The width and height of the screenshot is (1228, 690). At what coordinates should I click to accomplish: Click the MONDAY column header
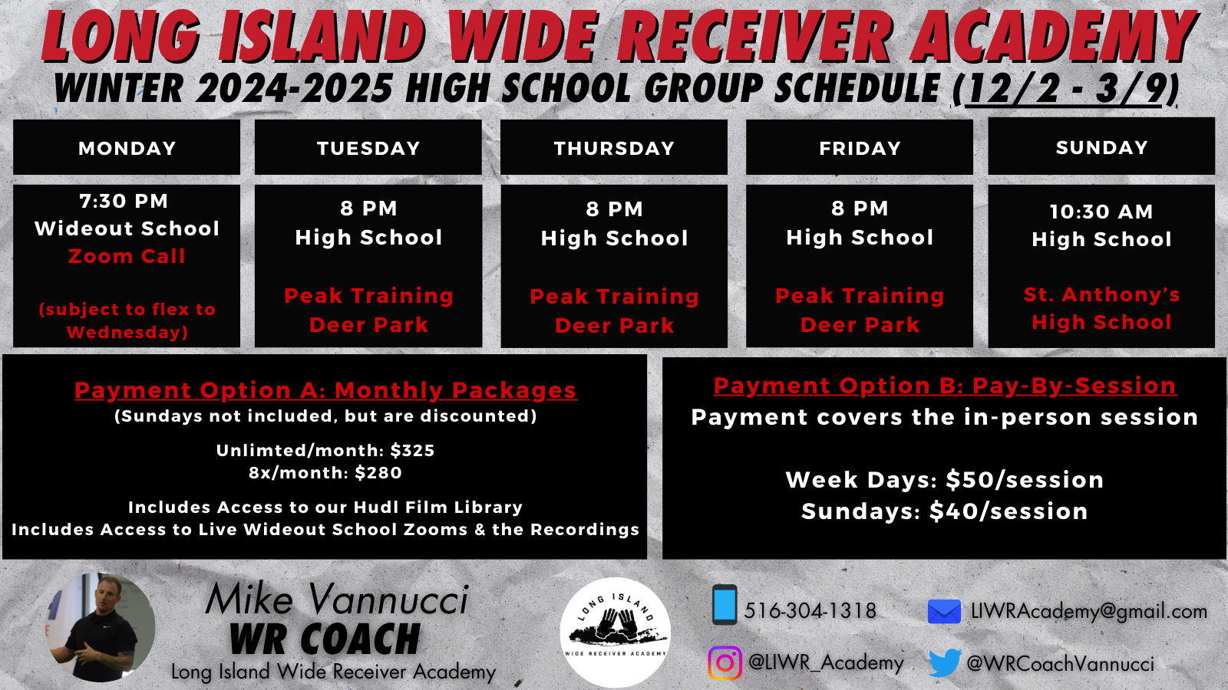(127, 148)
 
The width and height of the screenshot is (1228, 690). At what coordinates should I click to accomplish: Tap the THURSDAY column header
(614, 148)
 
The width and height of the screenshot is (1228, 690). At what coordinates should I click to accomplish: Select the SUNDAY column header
(1102, 147)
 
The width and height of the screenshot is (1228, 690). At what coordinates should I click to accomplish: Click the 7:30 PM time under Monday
(124, 201)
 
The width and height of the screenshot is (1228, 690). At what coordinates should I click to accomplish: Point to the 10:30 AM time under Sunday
(1102, 212)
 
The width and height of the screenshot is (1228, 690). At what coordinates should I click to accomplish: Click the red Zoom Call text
(127, 256)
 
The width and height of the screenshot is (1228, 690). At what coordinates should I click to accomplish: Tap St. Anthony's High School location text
(1102, 308)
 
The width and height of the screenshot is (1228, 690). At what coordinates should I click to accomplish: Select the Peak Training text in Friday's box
(860, 296)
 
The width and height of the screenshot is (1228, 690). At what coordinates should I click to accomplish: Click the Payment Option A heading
(325, 390)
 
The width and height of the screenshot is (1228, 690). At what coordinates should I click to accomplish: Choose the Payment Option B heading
(945, 386)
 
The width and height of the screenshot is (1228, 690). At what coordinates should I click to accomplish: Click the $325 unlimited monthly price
(412, 450)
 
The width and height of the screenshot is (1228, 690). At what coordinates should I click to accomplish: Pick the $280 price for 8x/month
(378, 472)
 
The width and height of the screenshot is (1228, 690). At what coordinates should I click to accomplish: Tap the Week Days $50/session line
(945, 480)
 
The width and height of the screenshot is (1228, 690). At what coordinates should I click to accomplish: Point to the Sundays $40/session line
(945, 511)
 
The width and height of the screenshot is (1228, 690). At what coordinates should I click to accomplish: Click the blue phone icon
(725, 605)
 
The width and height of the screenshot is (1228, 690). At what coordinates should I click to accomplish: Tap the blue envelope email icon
(944, 612)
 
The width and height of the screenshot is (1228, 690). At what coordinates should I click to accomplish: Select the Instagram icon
(725, 662)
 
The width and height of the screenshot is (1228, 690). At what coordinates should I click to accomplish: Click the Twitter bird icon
(945, 663)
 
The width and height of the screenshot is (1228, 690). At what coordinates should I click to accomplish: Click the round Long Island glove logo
(615, 632)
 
